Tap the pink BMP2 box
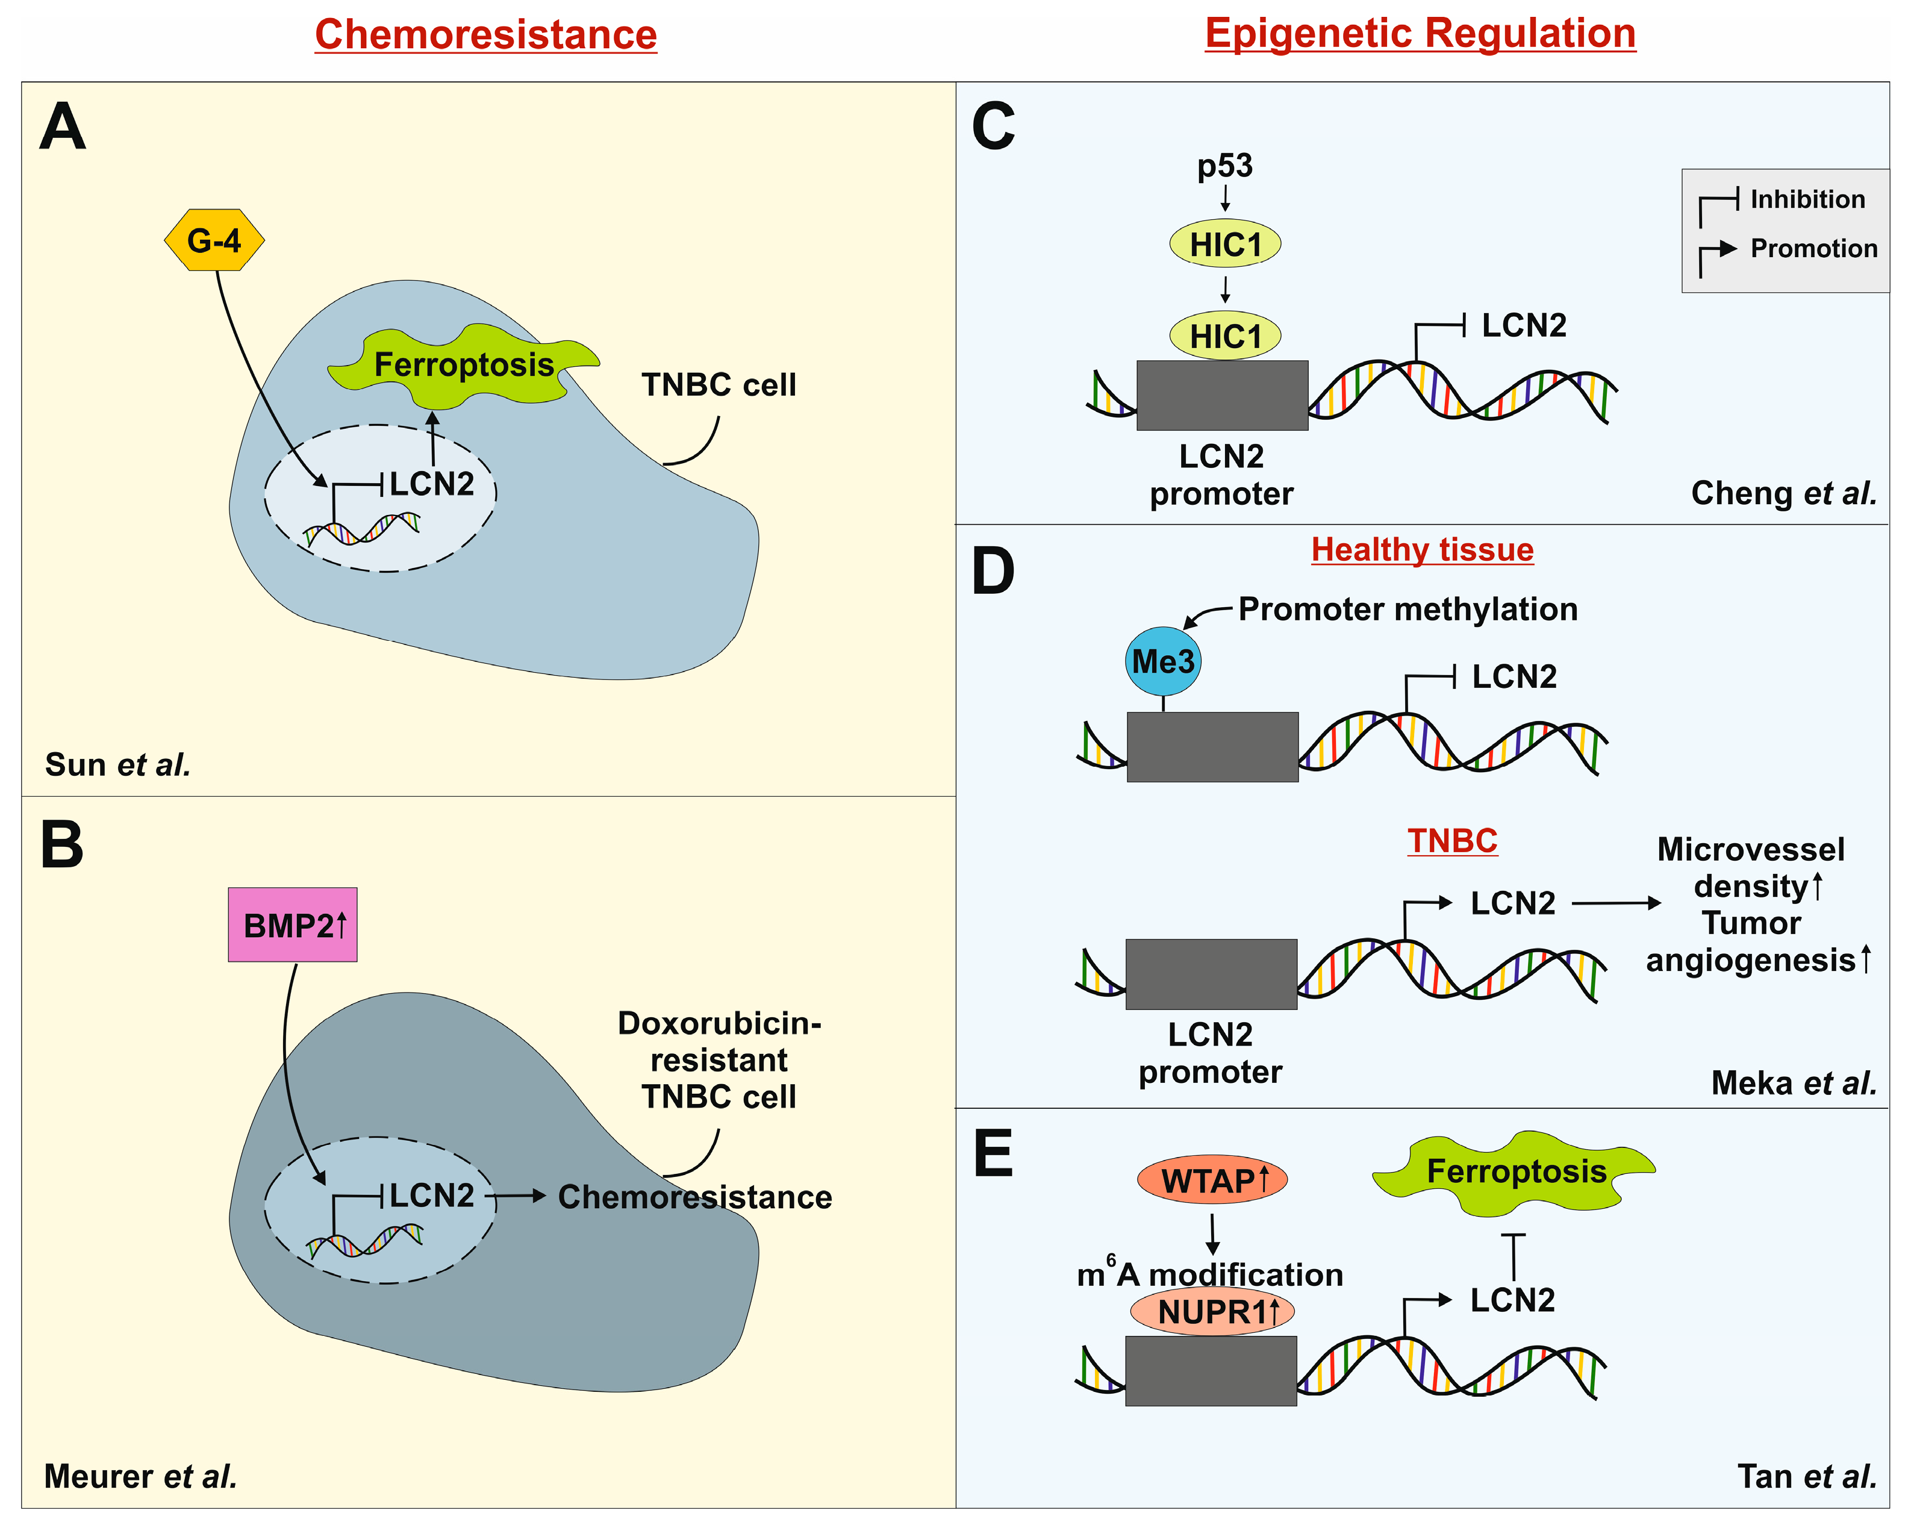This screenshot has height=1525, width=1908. (293, 925)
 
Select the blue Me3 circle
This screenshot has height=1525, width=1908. (1163, 661)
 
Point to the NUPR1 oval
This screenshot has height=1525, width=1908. (1212, 1311)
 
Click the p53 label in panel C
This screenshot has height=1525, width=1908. (1225, 166)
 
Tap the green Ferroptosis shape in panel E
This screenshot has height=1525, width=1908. (1514, 1172)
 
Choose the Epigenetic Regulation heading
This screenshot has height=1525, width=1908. (1420, 34)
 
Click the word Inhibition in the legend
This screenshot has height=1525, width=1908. (1807, 199)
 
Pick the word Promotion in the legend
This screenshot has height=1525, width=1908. (1814, 249)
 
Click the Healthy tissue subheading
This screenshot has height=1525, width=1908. (1422, 550)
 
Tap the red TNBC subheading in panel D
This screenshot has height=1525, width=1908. (1452, 840)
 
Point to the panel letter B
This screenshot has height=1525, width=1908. (62, 844)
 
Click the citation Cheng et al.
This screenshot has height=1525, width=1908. (1784, 493)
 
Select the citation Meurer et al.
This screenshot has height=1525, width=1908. (141, 1476)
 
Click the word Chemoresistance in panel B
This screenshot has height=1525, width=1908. (694, 1197)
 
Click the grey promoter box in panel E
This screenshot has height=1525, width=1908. (1211, 1371)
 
